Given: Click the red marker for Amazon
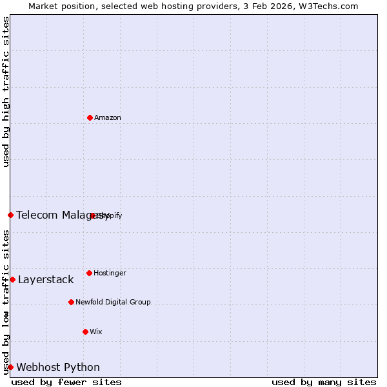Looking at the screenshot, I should point(90,117).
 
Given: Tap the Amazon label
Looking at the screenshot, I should point(108,118).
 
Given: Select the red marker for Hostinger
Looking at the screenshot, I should point(89,273).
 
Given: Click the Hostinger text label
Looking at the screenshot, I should point(110,273).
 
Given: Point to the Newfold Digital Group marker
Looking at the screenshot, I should point(71,302).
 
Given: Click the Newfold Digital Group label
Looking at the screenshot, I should point(113,302).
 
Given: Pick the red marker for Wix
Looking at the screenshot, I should point(85,332).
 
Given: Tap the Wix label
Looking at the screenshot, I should point(96,332).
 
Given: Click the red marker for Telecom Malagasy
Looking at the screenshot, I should point(10,215).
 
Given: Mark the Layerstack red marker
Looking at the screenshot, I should point(12,279).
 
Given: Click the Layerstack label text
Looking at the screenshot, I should point(46,280).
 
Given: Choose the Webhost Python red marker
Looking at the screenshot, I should point(10,367).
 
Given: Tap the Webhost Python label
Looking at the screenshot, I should point(58,368).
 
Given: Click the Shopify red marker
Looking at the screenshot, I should point(93,215).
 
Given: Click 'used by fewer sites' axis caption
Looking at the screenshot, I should point(66,382).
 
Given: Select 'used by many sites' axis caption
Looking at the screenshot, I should point(324,382).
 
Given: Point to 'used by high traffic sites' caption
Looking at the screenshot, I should point(6,92).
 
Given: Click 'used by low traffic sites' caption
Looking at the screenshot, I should point(6,302).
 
